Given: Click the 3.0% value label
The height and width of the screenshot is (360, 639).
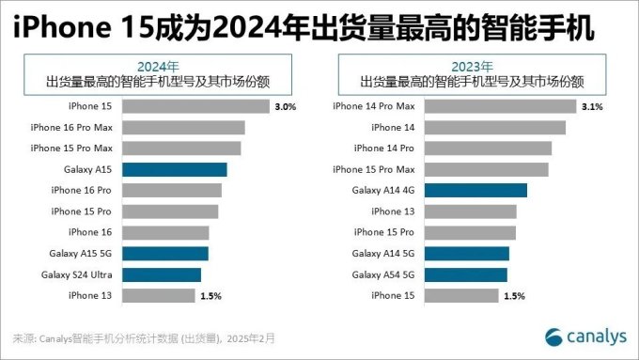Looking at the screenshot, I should tap(285, 107).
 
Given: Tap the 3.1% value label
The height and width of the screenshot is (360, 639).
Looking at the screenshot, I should tap(592, 107).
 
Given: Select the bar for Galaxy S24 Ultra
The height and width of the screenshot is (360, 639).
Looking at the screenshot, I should tap(161, 274).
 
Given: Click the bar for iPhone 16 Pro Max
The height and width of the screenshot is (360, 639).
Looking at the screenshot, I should tap(182, 128).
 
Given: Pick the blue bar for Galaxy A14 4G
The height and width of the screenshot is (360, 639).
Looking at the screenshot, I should tap(476, 191).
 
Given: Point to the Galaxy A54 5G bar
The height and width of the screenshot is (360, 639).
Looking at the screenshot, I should tap(466, 274).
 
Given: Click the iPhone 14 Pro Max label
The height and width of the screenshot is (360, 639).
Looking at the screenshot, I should tap(373, 107).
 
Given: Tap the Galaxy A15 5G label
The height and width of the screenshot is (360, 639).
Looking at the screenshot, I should tap(81, 254).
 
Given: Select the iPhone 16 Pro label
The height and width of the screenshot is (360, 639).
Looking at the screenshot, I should tap(82, 191).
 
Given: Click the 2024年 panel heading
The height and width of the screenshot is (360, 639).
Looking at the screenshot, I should tap(158, 66).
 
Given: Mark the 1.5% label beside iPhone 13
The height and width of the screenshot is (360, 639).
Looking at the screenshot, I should tap(209, 296).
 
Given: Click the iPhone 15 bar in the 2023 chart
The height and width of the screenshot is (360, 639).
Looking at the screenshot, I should tap(461, 296).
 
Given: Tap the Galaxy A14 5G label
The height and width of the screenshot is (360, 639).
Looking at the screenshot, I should tap(383, 254).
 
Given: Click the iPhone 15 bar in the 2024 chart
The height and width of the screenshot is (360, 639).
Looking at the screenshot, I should tap(195, 107).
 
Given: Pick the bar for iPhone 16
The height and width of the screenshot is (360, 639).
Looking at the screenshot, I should tap(165, 232).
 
